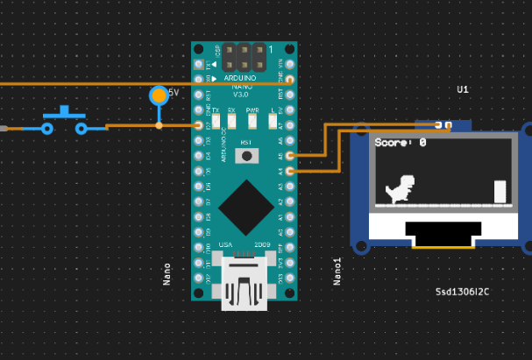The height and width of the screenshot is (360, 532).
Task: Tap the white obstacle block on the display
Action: tap(500, 192)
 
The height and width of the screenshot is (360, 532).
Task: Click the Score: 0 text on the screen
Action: tap(401, 142)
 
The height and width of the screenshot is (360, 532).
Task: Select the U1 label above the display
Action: tap(463, 89)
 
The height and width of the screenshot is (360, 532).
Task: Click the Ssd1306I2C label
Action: tap(463, 291)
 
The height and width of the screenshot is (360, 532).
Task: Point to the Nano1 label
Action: tap(337, 272)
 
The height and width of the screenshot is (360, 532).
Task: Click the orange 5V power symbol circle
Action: tap(159, 95)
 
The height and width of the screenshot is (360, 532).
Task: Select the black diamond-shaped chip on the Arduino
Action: tap(245, 207)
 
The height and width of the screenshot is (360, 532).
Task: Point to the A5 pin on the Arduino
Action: tap(290, 156)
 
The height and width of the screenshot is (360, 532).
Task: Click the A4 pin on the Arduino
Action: tap(290, 172)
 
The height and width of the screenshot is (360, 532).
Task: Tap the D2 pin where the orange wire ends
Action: tap(199, 125)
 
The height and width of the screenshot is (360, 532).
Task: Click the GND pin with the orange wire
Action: tap(290, 80)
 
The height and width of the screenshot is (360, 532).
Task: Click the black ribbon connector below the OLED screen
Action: tap(443, 233)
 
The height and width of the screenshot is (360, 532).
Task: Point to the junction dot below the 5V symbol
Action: tap(159, 125)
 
